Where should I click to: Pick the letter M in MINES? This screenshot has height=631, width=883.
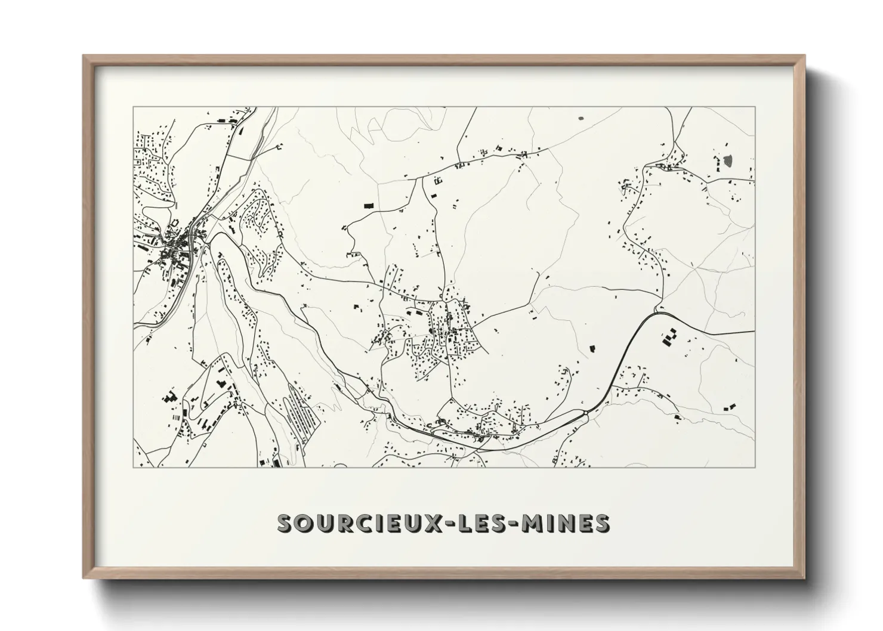pos(533,523)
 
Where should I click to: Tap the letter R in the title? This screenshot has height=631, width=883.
pos(350,523)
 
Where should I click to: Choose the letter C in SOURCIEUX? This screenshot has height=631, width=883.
pos(371,523)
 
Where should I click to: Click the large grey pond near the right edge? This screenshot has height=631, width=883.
pos(728,160)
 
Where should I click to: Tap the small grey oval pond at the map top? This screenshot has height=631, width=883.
pos(582,118)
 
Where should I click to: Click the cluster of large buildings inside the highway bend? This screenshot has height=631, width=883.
pos(669,338)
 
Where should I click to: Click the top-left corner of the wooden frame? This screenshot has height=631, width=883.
pos(84,56)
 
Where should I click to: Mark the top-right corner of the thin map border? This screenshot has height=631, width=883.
pos(755,107)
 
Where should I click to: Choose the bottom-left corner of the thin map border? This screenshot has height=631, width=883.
pos(133,467)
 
